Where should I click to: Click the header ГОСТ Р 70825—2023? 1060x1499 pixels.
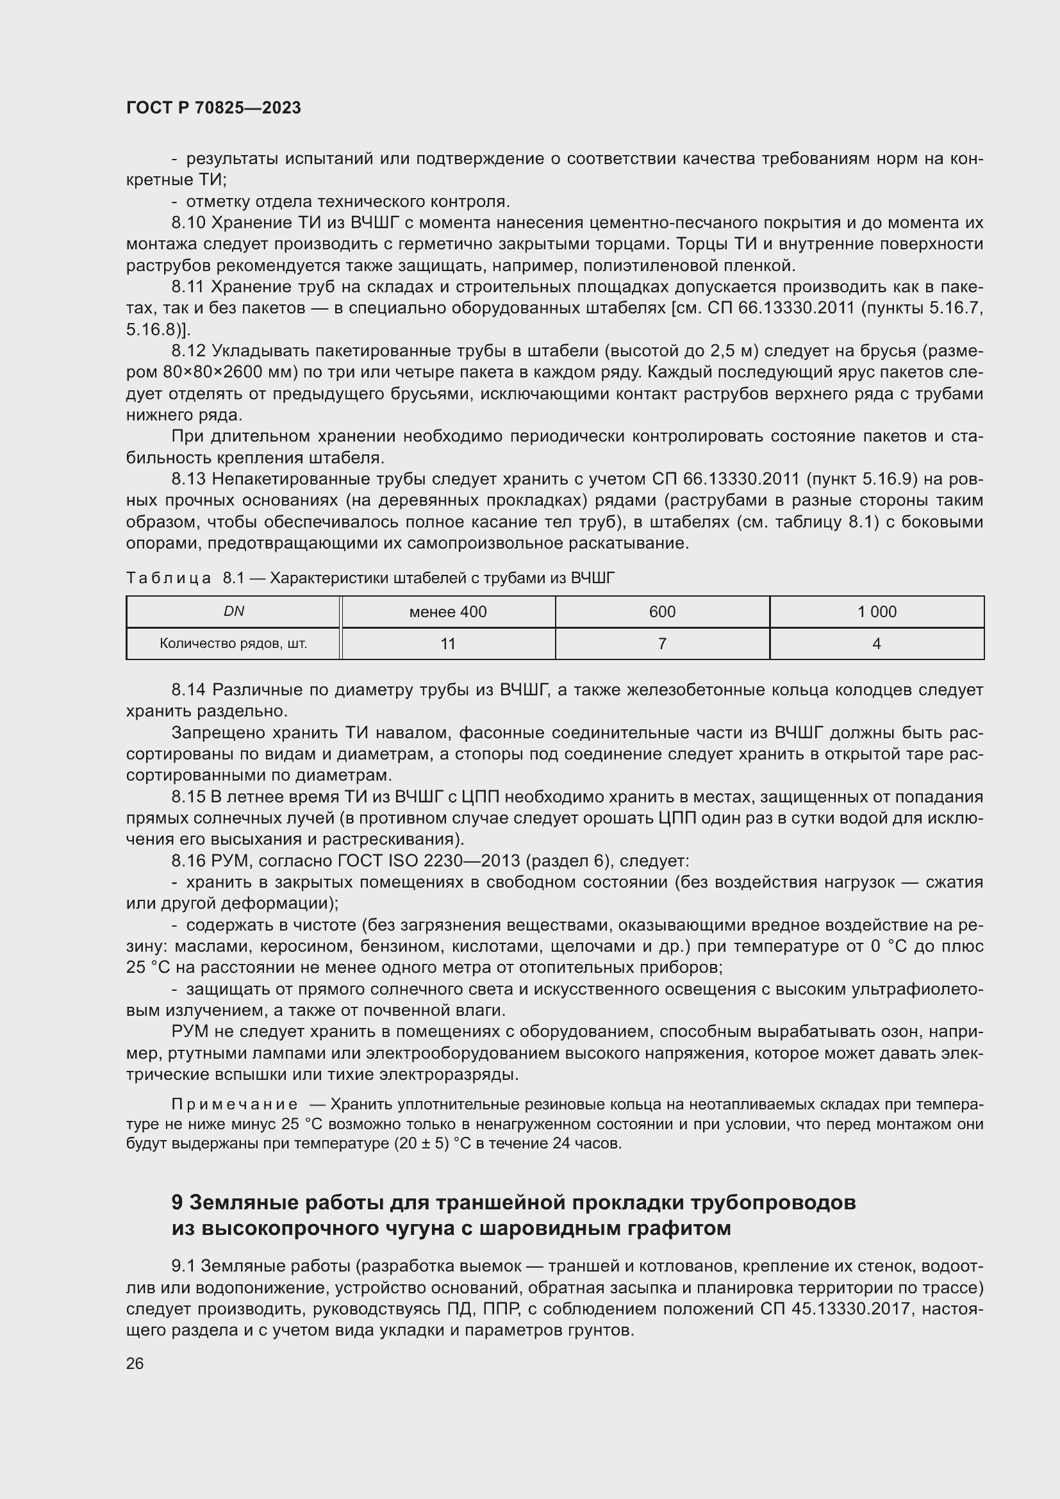pos(213,108)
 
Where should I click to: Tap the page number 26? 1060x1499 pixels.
pos(135,1363)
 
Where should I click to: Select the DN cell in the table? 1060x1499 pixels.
pos(234,611)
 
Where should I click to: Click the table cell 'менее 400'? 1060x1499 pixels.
pos(448,612)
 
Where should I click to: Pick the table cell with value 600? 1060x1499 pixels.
pos(662,612)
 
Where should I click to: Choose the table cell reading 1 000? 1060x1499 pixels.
pos(877,612)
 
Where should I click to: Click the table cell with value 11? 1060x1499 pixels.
pos(448,643)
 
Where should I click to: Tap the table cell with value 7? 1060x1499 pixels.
pos(662,643)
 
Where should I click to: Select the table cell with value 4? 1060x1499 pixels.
pos(877,643)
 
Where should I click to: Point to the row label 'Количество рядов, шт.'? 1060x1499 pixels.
pos(234,643)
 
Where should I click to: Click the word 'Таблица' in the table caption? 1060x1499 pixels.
pos(169,578)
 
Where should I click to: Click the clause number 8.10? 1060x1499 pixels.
pos(188,222)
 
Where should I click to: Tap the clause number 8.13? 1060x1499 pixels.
pos(188,479)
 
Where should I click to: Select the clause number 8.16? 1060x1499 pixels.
pos(188,861)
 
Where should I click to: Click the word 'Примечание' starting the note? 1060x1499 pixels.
pos(235,1104)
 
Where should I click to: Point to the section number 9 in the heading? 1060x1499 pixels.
pos(177,1202)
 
